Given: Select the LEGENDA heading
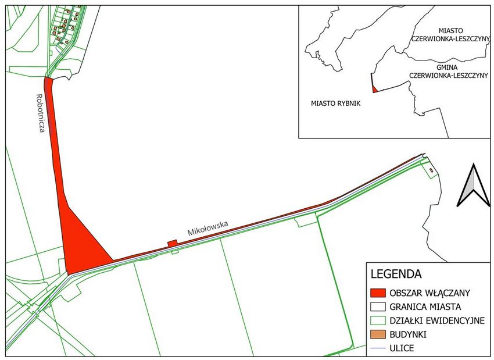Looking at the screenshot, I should click(395, 272).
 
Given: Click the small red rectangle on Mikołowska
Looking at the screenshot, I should click(172, 243).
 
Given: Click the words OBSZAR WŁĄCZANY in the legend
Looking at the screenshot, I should click(430, 292).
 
